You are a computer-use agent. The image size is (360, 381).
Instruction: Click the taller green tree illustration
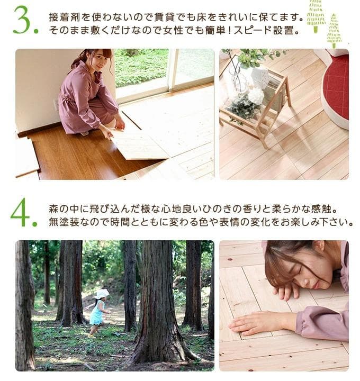coord(316,15)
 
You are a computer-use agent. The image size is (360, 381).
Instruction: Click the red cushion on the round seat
coord(337,87)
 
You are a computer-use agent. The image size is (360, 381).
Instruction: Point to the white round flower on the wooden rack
coord(256,95)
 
